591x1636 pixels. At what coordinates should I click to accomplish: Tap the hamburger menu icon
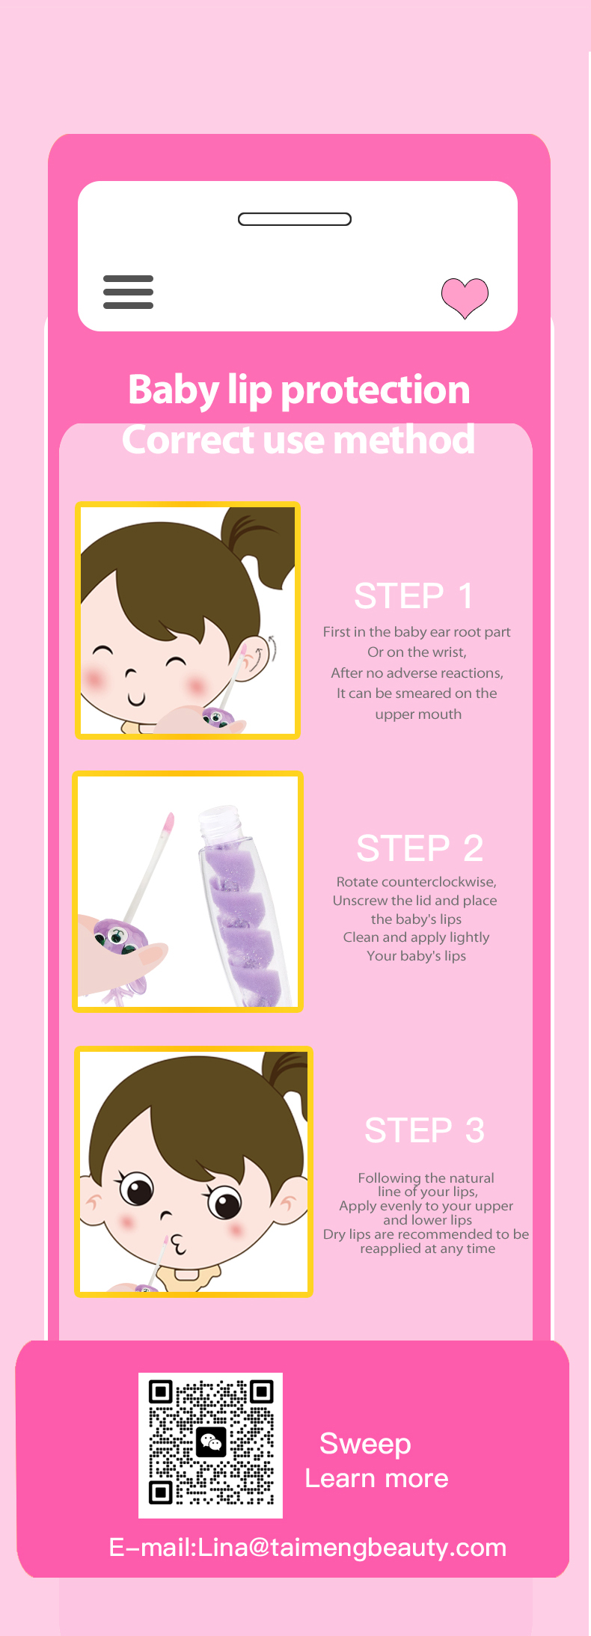coord(128,292)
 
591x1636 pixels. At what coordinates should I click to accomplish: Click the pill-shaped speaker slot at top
coord(295,219)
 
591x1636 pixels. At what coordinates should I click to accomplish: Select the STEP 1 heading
coord(414,596)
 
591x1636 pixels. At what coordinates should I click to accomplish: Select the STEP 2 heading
coord(420,848)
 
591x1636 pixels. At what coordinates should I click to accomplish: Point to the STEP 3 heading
coord(424,1130)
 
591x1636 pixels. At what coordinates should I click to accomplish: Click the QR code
coord(211,1445)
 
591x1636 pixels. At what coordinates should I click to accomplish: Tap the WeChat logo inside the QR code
coord(211,1442)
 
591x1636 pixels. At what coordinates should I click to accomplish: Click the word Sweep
coord(365,1444)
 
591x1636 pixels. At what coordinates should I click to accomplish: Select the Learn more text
coord(377,1478)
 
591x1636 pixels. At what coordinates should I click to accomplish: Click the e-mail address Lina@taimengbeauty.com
coord(352,1547)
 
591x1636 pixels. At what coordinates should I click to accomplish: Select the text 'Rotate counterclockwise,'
coord(417,882)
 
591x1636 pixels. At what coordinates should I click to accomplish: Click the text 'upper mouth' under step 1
coord(418,714)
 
